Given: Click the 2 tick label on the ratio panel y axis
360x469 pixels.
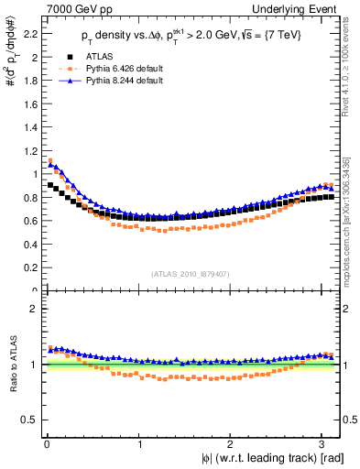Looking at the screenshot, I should pyautogui.click(x=32, y=309).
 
